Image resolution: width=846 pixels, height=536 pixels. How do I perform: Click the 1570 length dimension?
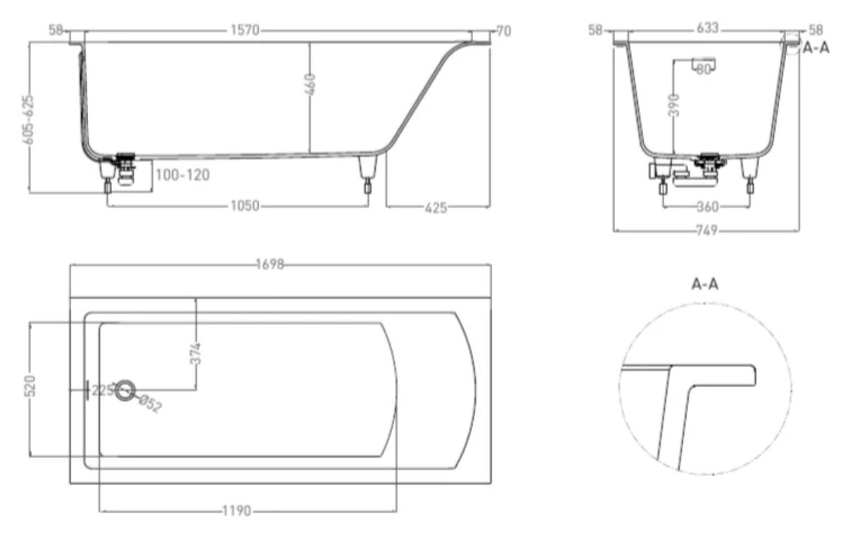point(245,30)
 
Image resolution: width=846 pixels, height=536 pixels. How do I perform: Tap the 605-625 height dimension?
point(28,119)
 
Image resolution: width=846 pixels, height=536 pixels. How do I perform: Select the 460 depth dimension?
point(309,85)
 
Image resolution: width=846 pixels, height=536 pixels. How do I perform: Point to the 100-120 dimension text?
point(183,175)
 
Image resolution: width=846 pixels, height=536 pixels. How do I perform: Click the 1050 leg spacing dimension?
point(245,206)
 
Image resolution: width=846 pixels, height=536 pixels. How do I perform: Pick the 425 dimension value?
point(436,208)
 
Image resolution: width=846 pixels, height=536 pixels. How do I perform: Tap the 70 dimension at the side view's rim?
point(504,31)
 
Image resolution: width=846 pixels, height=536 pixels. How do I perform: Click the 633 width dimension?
point(707,28)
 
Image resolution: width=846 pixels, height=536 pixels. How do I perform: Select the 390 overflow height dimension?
point(674,105)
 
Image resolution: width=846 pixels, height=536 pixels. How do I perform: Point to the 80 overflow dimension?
point(703,69)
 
